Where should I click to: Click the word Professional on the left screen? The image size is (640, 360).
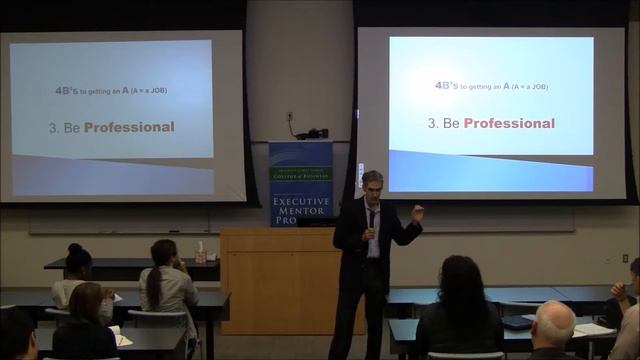pyautogui.click(x=129, y=127)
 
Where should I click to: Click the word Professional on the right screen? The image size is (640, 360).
pyautogui.click(x=509, y=123)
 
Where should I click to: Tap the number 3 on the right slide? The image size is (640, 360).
pyautogui.click(x=432, y=124)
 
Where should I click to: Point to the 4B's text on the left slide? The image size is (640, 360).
pyautogui.click(x=66, y=90)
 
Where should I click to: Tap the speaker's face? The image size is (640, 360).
pyautogui.click(x=371, y=188)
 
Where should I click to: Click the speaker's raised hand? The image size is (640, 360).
pyautogui.click(x=416, y=210)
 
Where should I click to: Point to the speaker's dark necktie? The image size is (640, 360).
pyautogui.click(x=371, y=221)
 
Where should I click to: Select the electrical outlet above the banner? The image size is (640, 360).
pyautogui.click(x=289, y=117)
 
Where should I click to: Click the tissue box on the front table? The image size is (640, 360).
pyautogui.click(x=201, y=252)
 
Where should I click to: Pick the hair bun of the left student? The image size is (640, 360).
pyautogui.click(x=75, y=248)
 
